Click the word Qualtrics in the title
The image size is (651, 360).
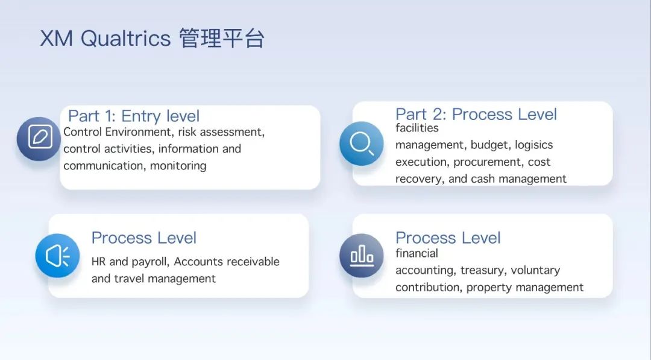click(125, 39)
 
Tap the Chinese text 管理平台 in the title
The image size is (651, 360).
click(222, 38)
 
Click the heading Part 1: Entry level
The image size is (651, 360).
click(134, 116)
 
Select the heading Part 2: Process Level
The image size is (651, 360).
click(476, 114)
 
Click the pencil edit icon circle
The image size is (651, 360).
click(39, 138)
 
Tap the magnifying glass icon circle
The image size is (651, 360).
click(361, 144)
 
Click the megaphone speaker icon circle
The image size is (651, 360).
click(57, 255)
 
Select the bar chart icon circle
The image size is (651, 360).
click(361, 255)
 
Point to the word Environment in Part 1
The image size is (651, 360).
click(138, 132)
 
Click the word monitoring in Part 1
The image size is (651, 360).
click(178, 166)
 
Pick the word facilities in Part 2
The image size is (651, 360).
click(417, 128)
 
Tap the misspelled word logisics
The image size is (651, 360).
click(534, 145)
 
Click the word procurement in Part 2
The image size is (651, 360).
click(488, 162)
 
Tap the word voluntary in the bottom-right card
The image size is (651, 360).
click(536, 270)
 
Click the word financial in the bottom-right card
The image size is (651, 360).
click(417, 253)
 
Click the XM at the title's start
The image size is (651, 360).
click(57, 39)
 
